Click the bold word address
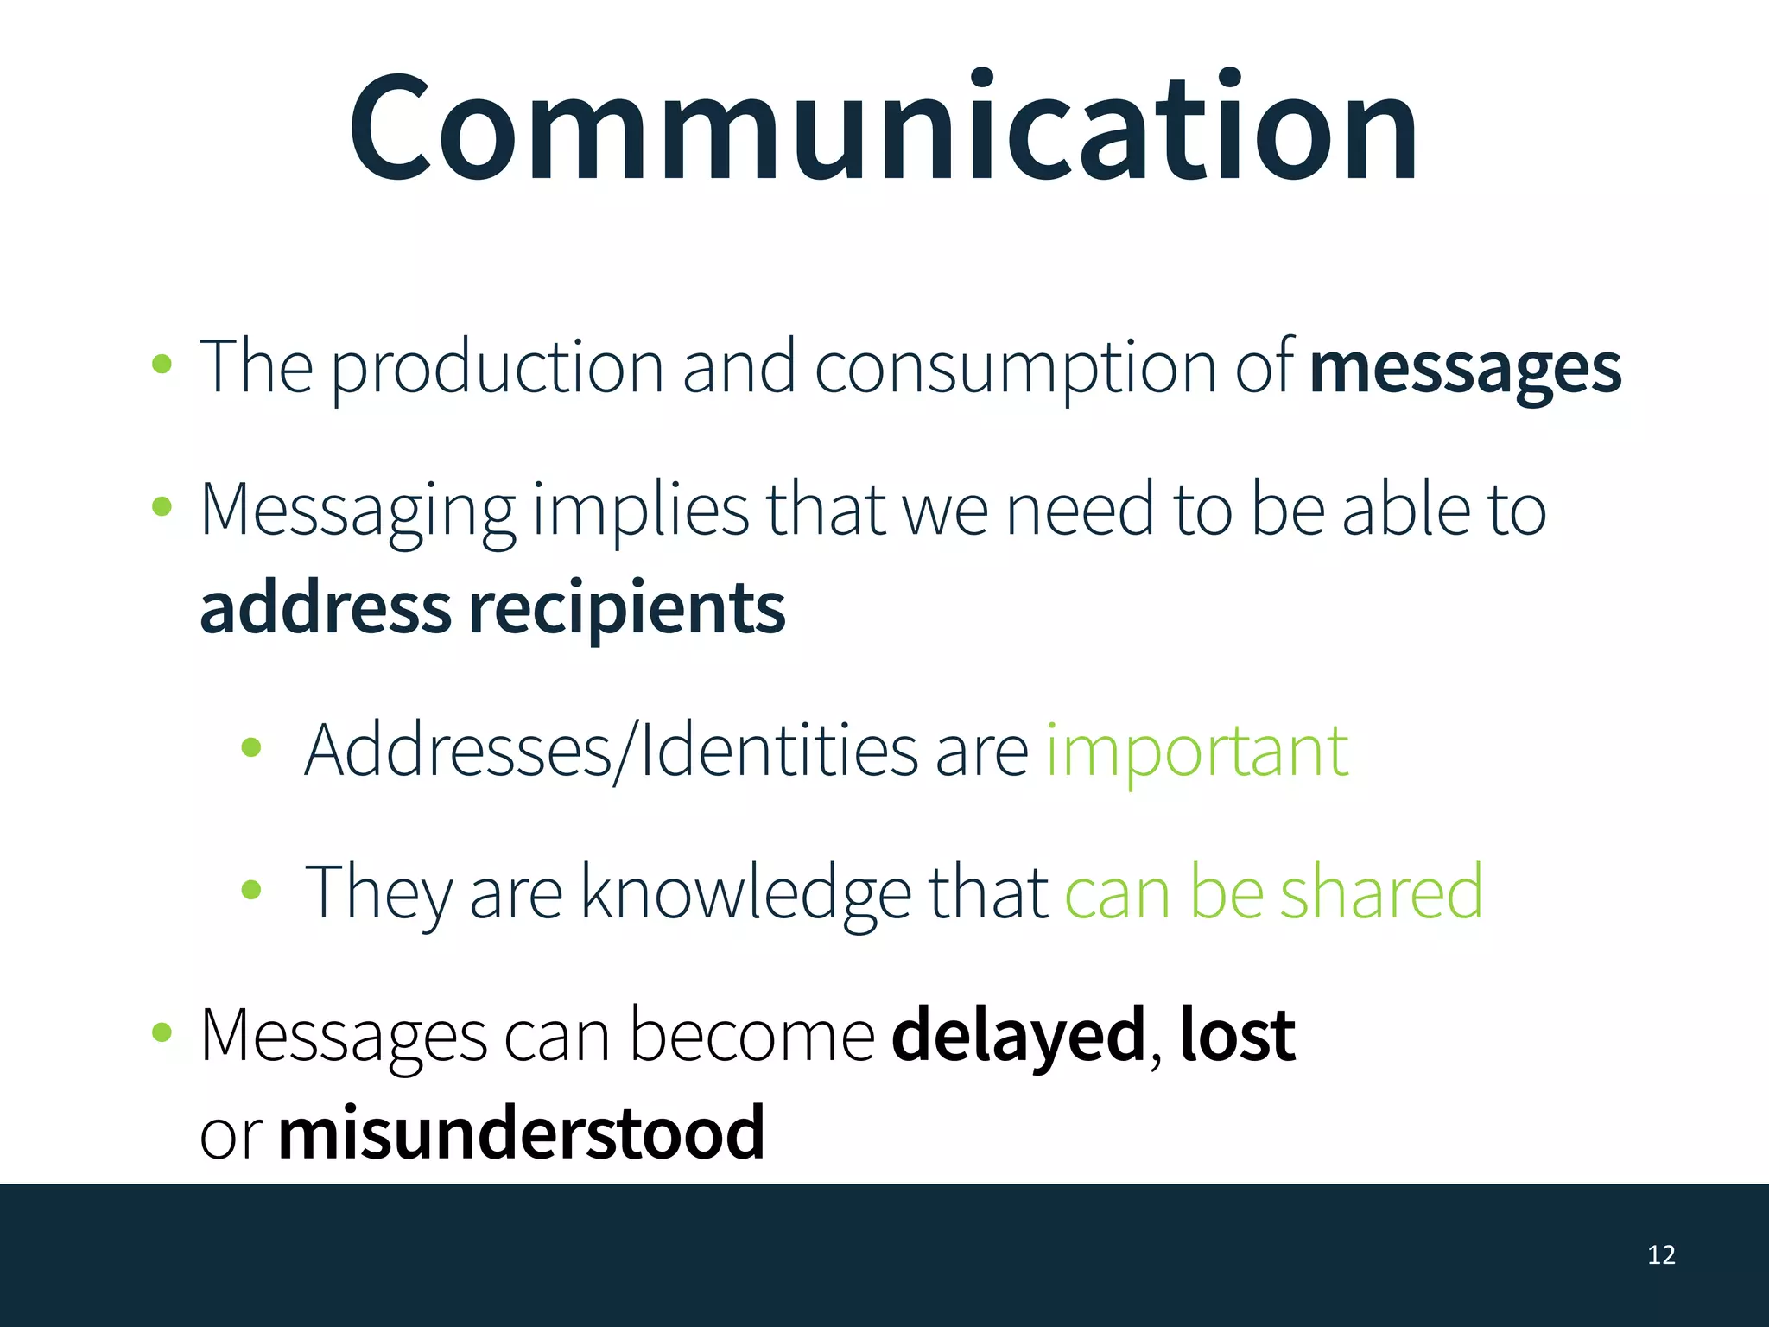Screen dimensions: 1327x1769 pyautogui.click(x=325, y=608)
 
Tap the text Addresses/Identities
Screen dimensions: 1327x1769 pyautogui.click(x=611, y=750)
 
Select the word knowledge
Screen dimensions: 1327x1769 pyautogui.click(x=745, y=893)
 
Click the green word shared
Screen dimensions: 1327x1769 pyautogui.click(x=1380, y=892)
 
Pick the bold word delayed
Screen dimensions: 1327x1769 pyautogui.click(x=1018, y=1035)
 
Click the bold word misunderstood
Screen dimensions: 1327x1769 pyautogui.click(x=521, y=1132)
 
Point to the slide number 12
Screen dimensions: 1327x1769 pyautogui.click(x=1661, y=1254)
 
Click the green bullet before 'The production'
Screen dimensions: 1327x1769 pyautogui.click(x=162, y=364)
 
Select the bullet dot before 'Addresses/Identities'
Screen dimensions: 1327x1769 pyautogui.click(x=251, y=747)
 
